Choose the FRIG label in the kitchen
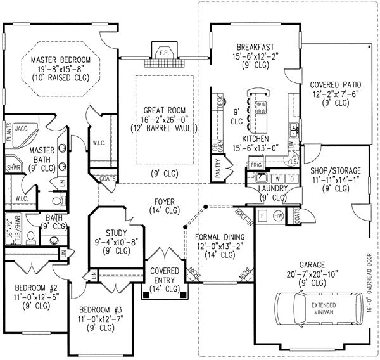(255, 164)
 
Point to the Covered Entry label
(165, 274)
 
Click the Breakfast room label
(255, 46)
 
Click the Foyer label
(165, 203)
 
